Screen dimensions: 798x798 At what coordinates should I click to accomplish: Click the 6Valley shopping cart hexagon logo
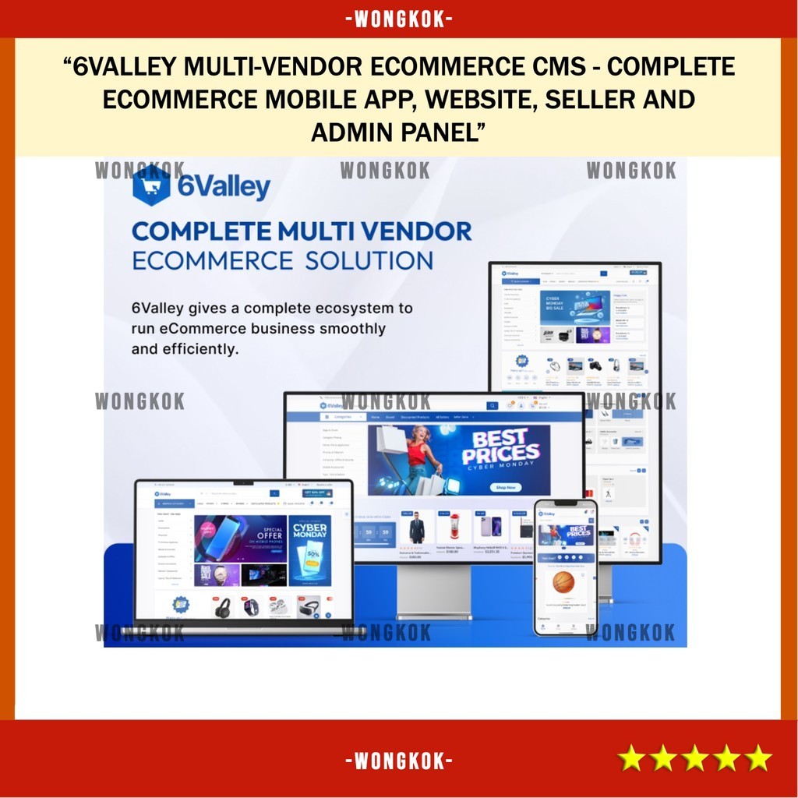tap(151, 185)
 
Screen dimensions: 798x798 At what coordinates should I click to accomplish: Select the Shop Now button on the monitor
tap(505, 487)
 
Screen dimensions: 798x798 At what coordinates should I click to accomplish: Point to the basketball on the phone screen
tap(563, 582)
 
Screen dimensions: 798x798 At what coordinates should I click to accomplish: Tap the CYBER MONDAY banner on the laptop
tap(309, 550)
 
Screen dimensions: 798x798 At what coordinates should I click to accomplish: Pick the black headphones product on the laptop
tap(223, 608)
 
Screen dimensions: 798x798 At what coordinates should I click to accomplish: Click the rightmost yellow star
tap(757, 757)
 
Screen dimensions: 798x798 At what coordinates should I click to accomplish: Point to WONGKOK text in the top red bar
tap(399, 19)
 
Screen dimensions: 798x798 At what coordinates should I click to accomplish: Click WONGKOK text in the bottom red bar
tap(399, 759)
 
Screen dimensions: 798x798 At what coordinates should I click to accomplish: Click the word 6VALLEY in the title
tap(125, 67)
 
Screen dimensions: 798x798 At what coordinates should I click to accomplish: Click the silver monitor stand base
tap(434, 616)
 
